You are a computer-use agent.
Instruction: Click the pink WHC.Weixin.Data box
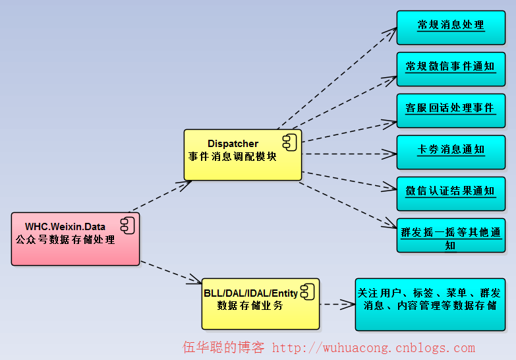tap(75, 239)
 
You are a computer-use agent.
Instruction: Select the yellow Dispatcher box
tap(242, 154)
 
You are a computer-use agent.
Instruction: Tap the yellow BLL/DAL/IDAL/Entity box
tap(260, 303)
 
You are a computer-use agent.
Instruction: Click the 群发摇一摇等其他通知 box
tap(451, 235)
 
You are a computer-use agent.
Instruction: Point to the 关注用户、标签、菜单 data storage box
tap(430, 304)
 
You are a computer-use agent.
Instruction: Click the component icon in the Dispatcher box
tap(290, 141)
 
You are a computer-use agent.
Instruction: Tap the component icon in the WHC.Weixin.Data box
tap(127, 225)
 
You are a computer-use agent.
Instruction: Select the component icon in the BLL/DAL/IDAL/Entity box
tap(308, 290)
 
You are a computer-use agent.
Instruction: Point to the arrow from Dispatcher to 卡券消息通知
tap(349, 154)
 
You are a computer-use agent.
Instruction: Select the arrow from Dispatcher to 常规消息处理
tap(336, 78)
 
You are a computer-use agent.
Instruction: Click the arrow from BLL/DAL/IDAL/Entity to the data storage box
tap(337, 305)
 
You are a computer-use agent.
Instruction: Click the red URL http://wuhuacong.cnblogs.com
tap(373, 347)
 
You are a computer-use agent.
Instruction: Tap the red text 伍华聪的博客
tap(223, 347)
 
